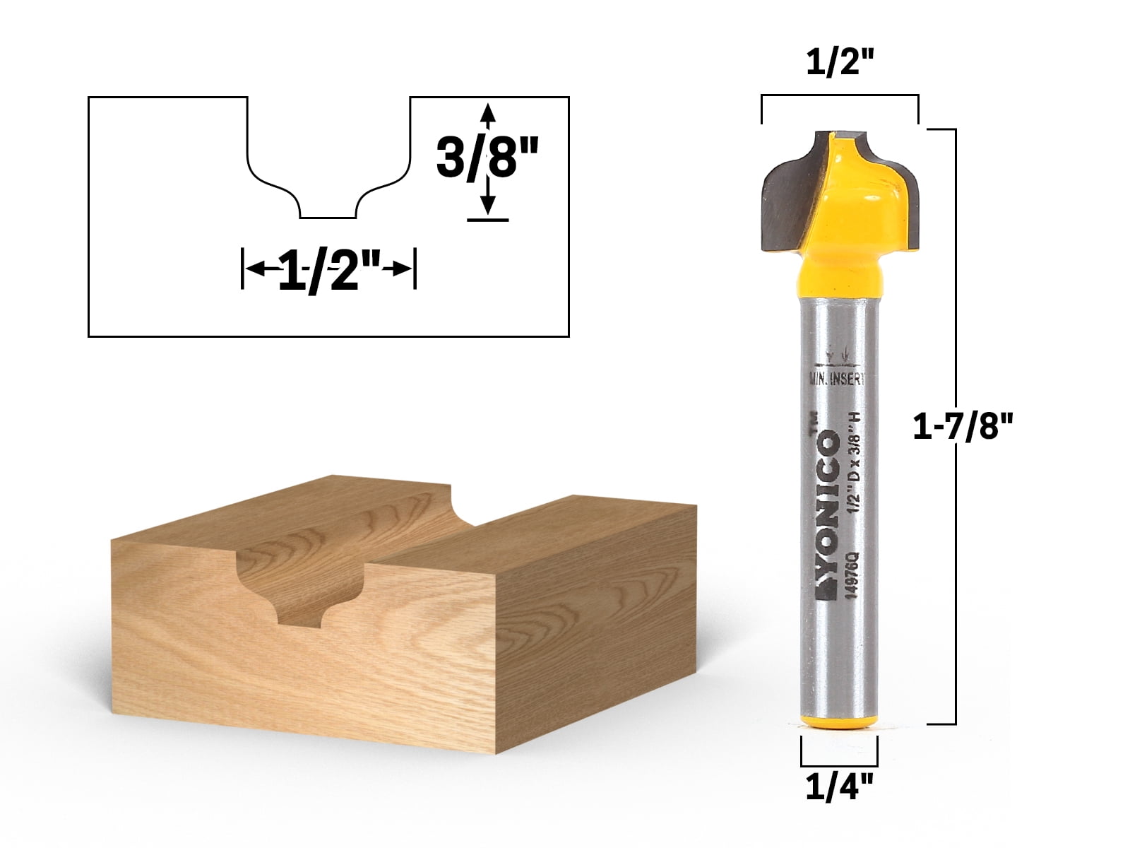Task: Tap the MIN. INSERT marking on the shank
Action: pos(836,379)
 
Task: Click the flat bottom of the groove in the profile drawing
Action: pos(328,217)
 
